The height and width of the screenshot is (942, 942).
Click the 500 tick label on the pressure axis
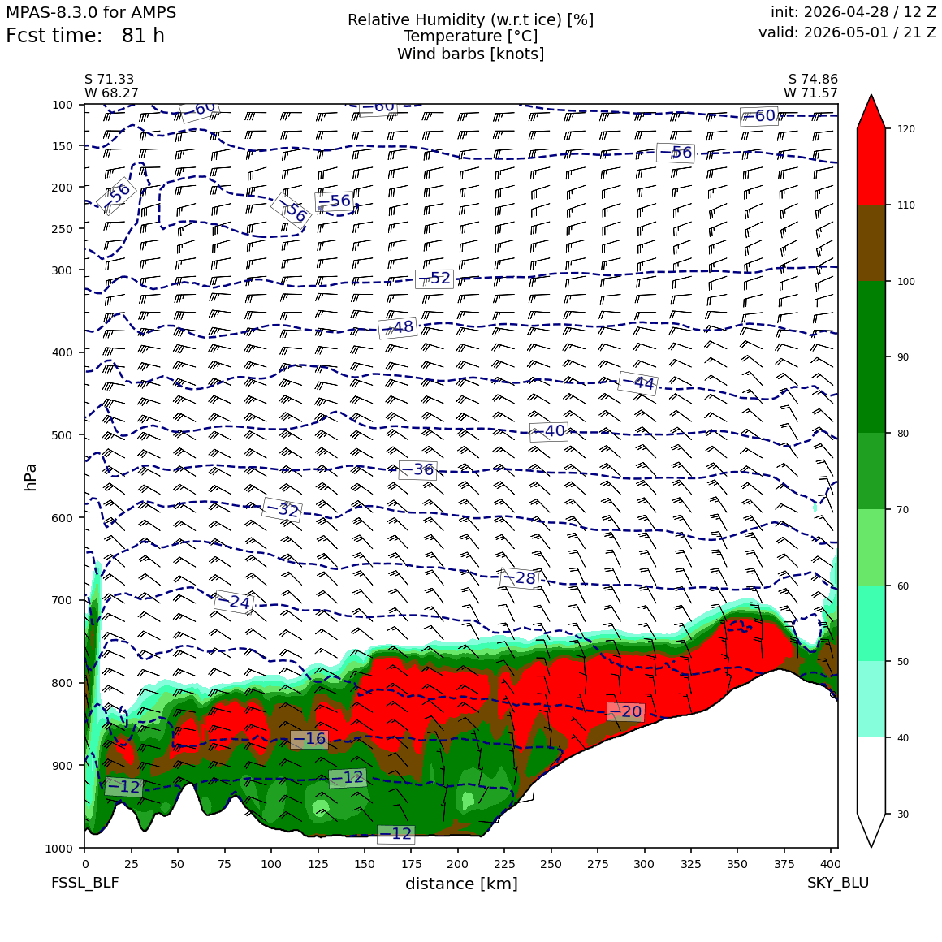63,435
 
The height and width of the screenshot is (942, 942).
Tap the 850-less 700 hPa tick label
63,600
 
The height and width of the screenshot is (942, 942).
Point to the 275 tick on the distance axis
598,864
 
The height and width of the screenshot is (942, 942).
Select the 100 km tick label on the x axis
271,864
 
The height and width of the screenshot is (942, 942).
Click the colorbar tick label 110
906,205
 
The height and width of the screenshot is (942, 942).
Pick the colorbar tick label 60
903,586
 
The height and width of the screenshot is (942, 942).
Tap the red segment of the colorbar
871,166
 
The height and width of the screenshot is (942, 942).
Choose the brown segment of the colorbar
871,243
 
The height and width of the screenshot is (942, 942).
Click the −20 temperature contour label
625,712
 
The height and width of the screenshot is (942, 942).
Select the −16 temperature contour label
309,739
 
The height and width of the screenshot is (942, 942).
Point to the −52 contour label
434,279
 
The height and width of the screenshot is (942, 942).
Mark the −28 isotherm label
519,578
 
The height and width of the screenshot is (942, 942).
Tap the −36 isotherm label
417,470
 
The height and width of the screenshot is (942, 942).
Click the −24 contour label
233,602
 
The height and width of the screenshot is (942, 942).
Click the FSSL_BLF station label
84,883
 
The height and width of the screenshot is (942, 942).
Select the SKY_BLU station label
837,883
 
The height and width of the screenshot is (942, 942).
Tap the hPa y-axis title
31,477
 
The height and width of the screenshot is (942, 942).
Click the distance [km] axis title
461,884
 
